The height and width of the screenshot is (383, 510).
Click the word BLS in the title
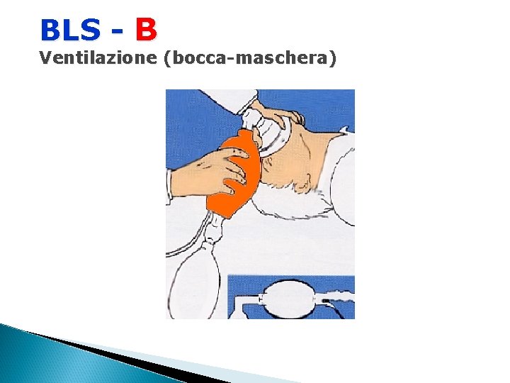tap(70, 30)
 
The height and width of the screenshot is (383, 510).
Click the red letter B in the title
tap(146, 30)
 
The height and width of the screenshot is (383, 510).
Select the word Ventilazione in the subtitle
tap(98, 58)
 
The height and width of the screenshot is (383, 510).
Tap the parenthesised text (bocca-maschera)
tap(249, 59)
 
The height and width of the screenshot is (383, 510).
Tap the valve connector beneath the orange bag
tap(212, 227)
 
